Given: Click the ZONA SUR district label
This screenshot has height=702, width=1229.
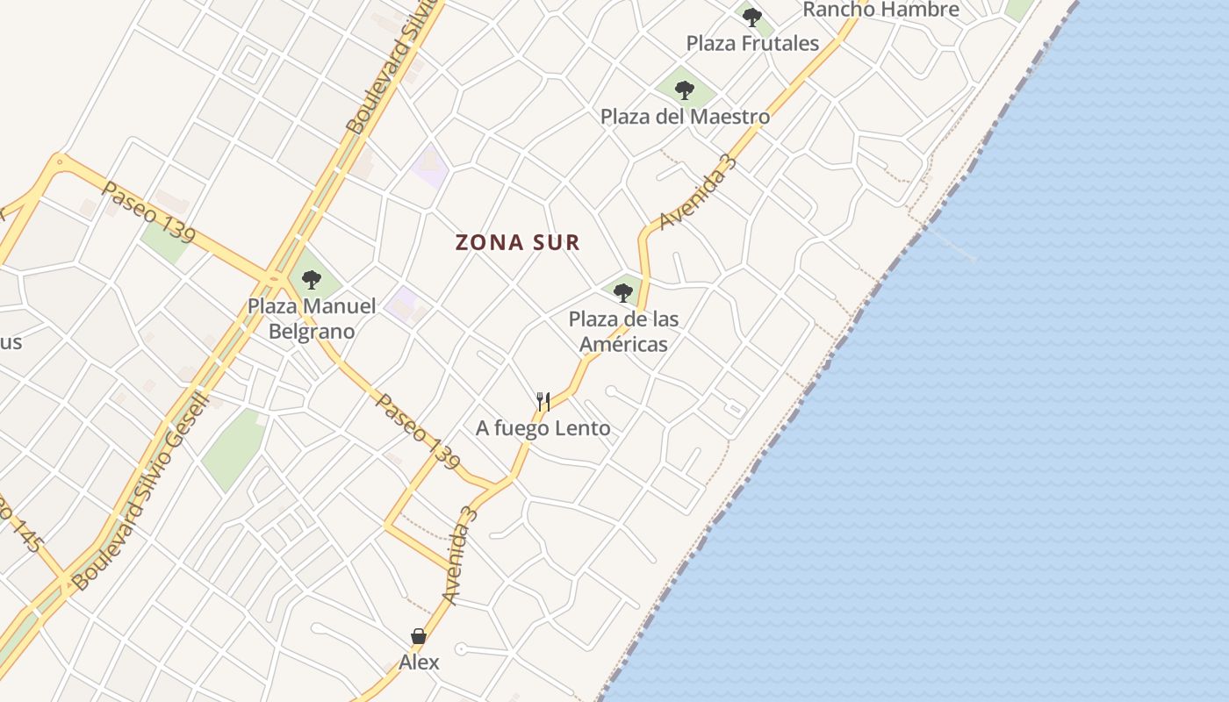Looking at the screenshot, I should coord(518,243).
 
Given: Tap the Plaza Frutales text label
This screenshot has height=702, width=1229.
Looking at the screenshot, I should coord(752,43).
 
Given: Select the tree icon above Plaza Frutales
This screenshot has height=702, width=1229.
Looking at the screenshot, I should coord(751,17).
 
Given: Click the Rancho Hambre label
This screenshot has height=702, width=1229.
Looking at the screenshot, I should coord(880,10).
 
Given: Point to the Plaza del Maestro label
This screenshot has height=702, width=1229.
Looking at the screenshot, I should coord(685,117).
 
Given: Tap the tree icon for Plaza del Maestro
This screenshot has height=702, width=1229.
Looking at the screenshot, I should coord(685,90).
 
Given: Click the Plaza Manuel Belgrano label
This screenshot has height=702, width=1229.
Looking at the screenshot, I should coord(312,319).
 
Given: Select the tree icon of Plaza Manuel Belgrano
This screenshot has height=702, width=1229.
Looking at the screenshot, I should coord(311,280).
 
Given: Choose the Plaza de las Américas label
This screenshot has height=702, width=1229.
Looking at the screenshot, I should coord(623,331).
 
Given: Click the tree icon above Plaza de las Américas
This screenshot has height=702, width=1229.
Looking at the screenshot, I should coord(623,292).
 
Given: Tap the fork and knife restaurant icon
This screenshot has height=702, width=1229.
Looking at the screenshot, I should coord(543,402).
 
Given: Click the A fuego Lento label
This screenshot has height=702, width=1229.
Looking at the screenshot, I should coord(543,428).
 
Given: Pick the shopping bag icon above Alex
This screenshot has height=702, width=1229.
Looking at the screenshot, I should coord(419,636).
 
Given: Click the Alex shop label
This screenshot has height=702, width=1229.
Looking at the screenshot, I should coord(419,662).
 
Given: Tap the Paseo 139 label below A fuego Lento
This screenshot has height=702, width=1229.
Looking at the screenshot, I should coord(418,431).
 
